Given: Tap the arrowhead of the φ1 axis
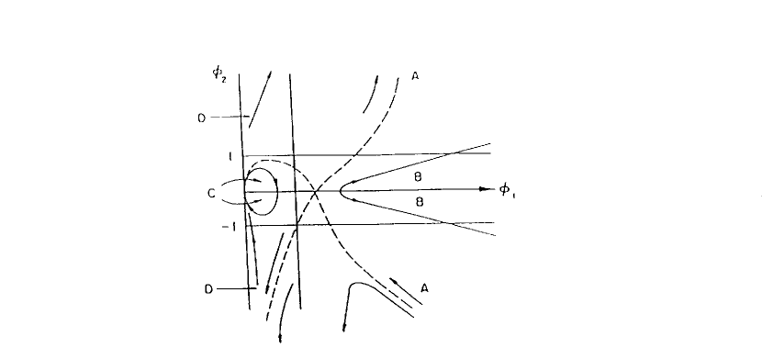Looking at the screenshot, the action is tap(484, 190).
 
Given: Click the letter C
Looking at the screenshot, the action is tap(212, 194).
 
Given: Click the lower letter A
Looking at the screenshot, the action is tap(424, 287).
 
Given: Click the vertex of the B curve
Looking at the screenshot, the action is tap(340, 191).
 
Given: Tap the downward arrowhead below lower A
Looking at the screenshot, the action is tap(343, 327).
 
